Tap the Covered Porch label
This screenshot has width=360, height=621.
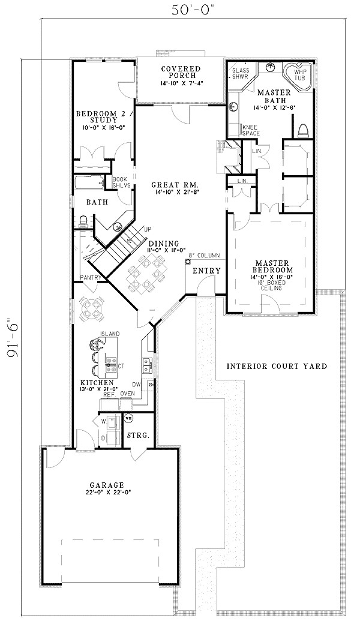coord(175,75)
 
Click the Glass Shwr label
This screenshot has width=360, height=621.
coord(241,73)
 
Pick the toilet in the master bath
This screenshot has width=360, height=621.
coord(304,130)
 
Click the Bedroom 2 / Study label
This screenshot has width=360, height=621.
coord(98,119)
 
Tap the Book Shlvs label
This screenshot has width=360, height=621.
coord(121,182)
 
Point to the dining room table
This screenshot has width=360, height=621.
coord(144,271)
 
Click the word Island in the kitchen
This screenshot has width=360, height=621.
coord(109,334)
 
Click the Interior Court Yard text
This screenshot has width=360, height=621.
coord(277,366)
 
